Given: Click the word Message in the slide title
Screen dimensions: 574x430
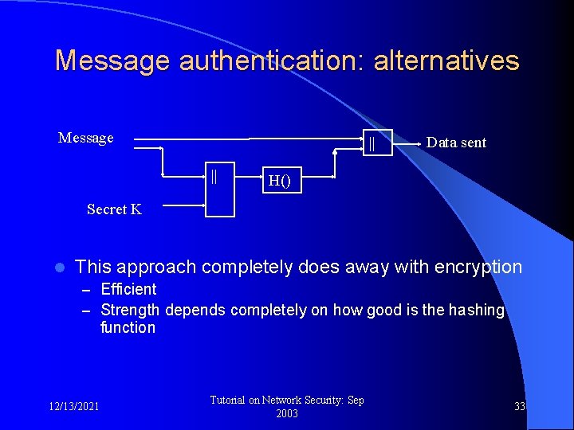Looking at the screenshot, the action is click(x=112, y=61).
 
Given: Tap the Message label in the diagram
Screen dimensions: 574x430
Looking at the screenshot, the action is click(x=86, y=138).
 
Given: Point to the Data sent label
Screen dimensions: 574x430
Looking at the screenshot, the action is click(x=456, y=143).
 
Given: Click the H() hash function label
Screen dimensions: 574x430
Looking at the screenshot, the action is click(x=279, y=181).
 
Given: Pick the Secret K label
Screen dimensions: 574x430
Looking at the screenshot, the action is click(x=114, y=209).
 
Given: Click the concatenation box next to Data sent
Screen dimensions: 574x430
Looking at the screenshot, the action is click(x=377, y=143).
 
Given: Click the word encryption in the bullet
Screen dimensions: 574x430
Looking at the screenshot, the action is click(x=474, y=267).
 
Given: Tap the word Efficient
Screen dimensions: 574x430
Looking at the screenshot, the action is click(x=128, y=289).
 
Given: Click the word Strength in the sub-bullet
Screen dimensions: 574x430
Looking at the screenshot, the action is click(x=130, y=310).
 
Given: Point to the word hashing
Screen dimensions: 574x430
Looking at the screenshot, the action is click(x=475, y=310).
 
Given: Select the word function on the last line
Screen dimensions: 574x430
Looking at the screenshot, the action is click(x=128, y=327).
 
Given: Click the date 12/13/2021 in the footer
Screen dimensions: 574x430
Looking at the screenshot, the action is click(x=74, y=406).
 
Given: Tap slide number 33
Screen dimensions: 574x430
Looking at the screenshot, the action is click(x=520, y=406).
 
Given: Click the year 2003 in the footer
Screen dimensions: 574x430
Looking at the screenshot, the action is click(x=286, y=413).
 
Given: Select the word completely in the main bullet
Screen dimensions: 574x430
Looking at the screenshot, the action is click(x=248, y=267).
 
